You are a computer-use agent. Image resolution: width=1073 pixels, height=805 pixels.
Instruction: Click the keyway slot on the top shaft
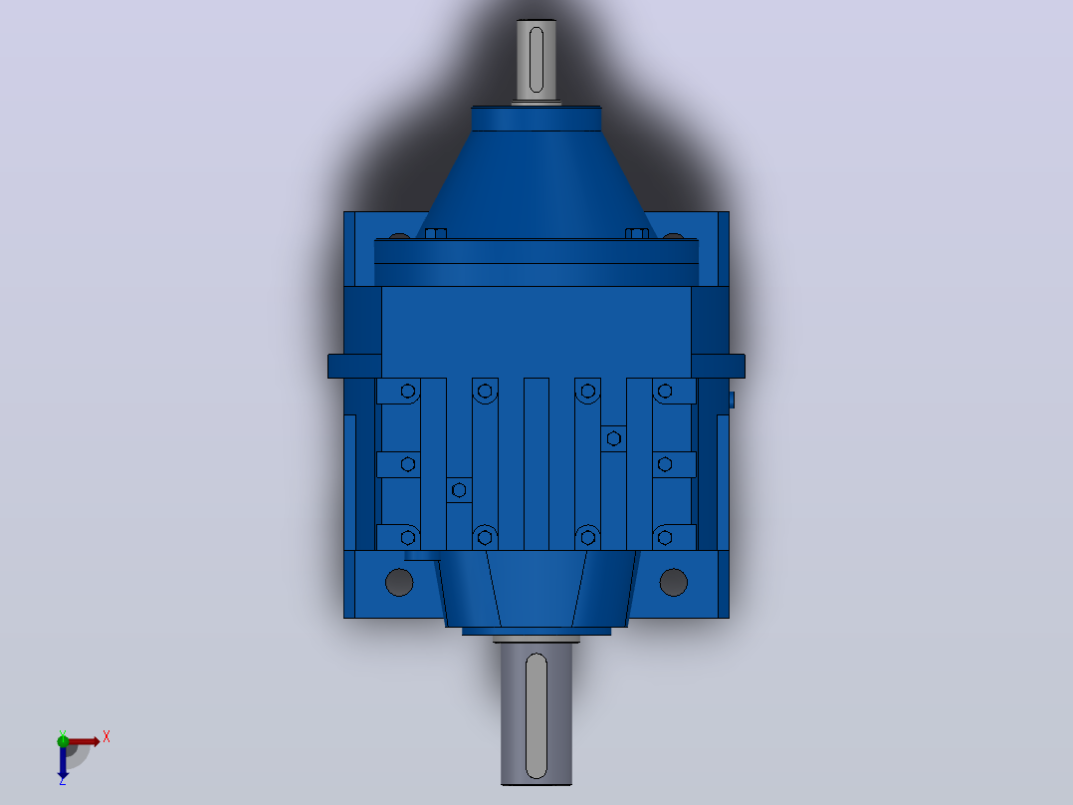[536, 60]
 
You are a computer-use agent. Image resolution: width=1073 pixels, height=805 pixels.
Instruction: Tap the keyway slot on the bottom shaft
[536, 716]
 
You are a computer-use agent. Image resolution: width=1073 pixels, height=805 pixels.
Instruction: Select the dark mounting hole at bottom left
[400, 583]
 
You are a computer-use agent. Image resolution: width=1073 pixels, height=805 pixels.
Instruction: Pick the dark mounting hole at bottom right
[673, 583]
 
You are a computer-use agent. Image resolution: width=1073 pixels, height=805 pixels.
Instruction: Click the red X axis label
[107, 737]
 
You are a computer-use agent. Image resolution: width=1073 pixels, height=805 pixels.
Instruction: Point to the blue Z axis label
[63, 780]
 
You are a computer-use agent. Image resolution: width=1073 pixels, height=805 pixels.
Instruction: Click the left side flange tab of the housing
[354, 366]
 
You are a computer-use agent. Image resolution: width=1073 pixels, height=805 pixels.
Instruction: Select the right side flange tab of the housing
[718, 366]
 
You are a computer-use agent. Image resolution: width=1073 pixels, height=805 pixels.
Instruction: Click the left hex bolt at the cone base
[436, 233]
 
